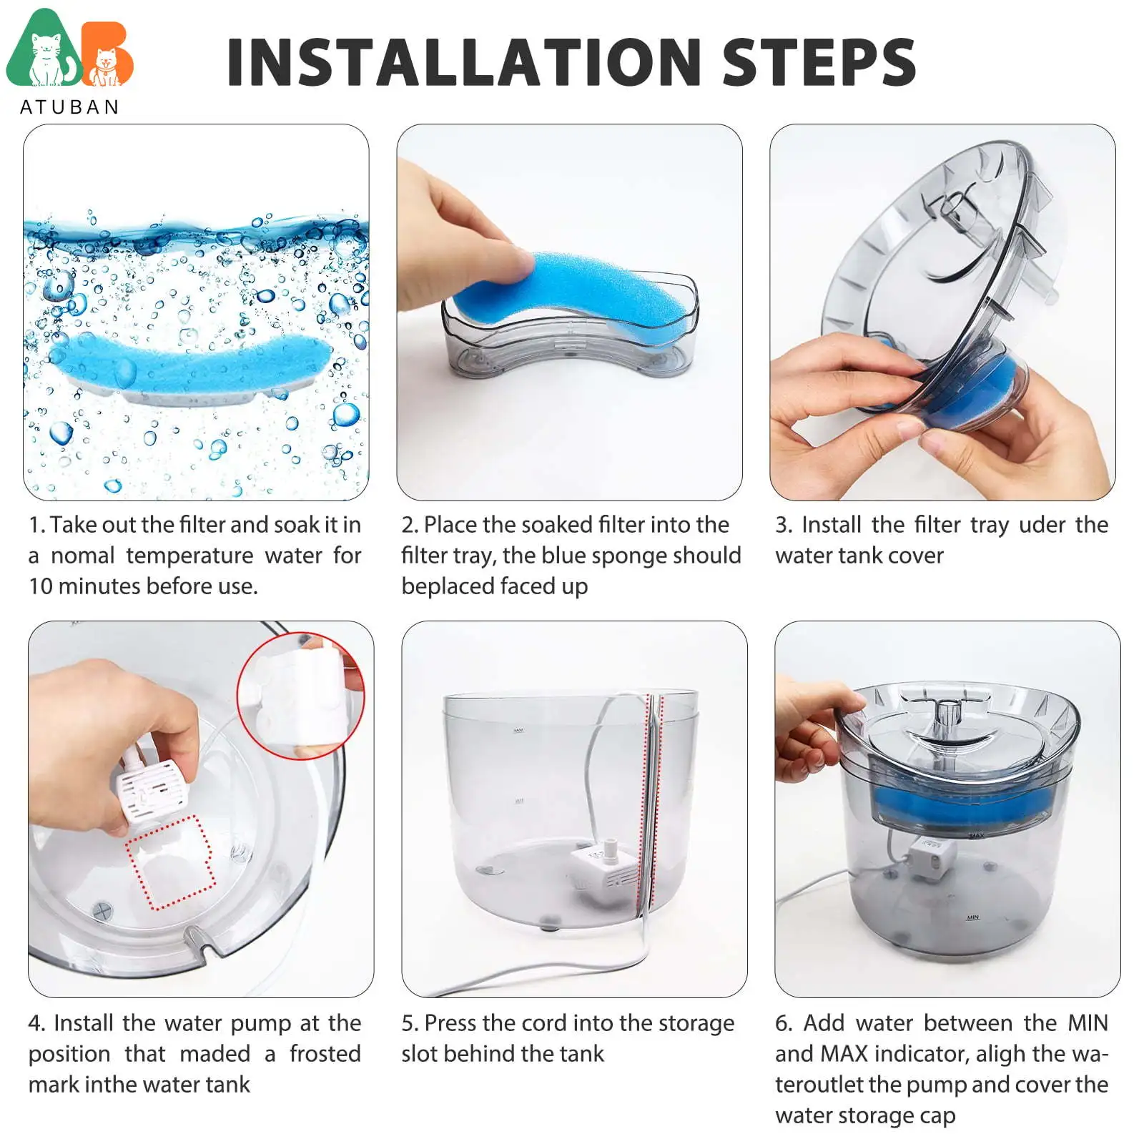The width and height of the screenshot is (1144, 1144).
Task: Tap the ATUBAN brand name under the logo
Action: tap(70, 107)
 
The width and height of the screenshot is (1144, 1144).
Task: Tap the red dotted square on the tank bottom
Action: tap(171, 862)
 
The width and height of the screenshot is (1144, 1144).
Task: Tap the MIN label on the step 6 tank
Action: tap(972, 917)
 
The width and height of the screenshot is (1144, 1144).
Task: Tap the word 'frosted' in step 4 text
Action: tap(325, 1054)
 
